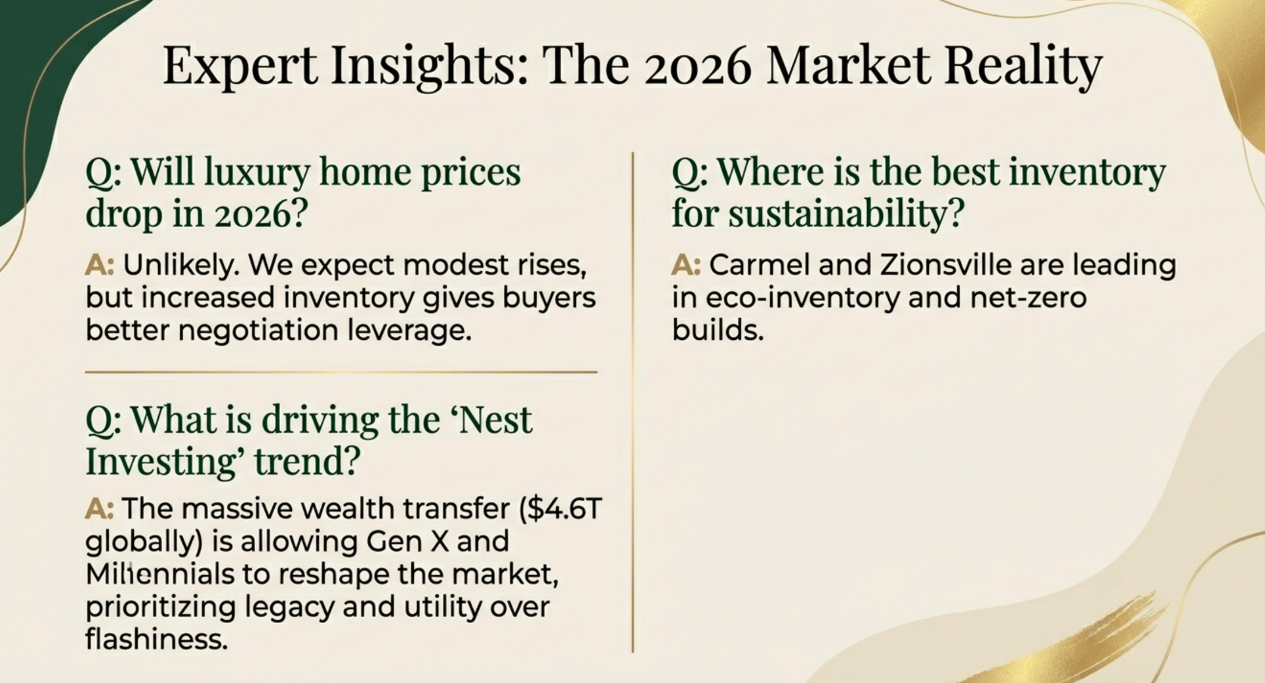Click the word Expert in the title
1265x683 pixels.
(240, 66)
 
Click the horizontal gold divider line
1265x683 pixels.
(341, 372)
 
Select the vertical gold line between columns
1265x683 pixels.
(632, 402)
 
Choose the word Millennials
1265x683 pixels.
(160, 574)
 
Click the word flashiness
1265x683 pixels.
(157, 639)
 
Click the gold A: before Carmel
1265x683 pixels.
(686, 265)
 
